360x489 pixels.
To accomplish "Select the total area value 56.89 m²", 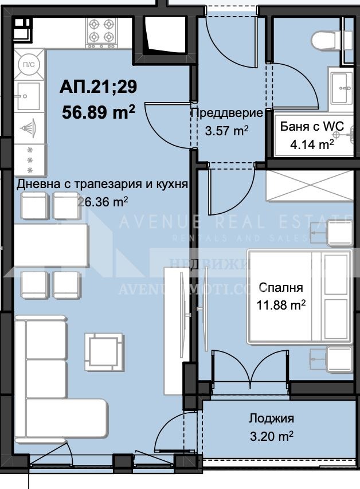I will coord(99,111).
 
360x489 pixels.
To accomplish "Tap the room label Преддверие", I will coord(226,113).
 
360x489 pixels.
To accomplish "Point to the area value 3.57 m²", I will coord(226,130).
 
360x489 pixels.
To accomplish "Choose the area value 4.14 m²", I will coord(312,144).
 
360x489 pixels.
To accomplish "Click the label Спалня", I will coord(281,287).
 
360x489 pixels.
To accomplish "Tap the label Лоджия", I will coord(271,418).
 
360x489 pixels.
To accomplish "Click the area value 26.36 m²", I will coord(102,201).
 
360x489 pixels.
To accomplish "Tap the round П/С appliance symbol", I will coord(28,64).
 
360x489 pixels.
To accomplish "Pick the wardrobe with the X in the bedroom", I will coord(308,186).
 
